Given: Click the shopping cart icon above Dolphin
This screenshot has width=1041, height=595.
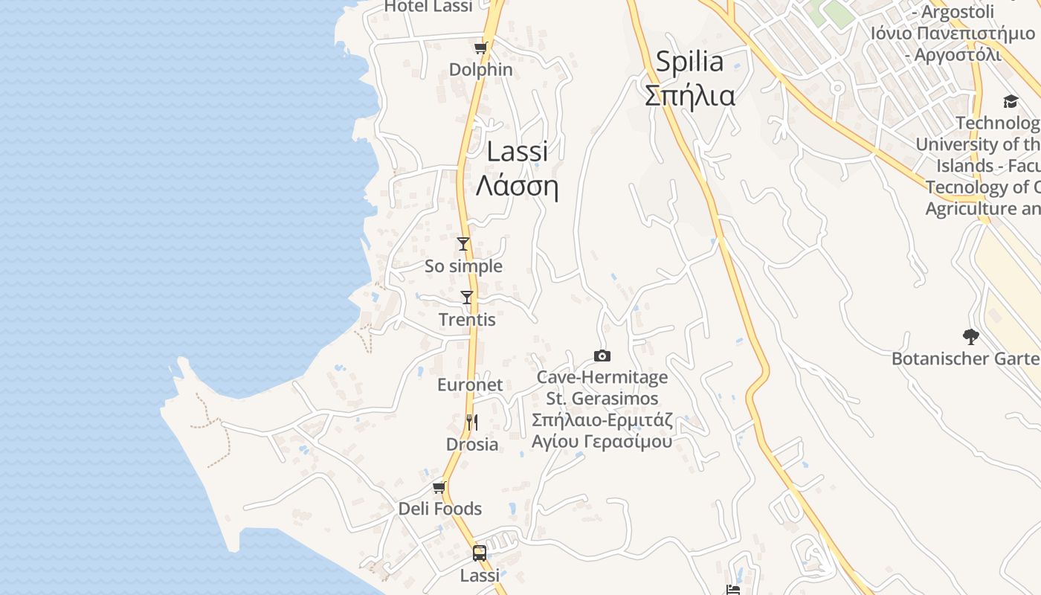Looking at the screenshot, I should [480, 48].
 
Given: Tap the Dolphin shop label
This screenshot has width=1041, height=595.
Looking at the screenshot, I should [480, 69].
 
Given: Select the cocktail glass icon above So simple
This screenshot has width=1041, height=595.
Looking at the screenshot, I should [463, 243].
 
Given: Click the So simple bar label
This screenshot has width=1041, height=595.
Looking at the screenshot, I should [463, 266].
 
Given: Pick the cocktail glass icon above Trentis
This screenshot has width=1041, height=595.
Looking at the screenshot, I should [467, 297].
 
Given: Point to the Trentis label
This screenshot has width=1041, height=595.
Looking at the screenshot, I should [467, 320].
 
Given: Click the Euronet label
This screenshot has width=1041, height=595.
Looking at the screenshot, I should [470, 385].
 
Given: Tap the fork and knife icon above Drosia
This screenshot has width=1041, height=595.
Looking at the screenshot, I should [471, 422].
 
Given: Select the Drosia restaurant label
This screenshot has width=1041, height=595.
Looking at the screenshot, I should [471, 444].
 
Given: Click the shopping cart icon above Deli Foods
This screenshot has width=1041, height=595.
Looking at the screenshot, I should [439, 487].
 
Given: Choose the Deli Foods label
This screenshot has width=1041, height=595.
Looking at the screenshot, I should [440, 509].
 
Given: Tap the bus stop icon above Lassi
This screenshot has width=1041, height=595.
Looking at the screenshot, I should [480, 553].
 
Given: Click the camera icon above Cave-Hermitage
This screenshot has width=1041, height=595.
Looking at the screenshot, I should [602, 356].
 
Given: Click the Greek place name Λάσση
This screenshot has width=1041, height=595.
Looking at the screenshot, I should [517, 186].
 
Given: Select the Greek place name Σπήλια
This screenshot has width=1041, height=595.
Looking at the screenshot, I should [689, 96].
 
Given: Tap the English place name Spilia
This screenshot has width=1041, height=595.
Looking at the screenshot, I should [689, 61].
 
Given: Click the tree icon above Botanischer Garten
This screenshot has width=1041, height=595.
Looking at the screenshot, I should [970, 336].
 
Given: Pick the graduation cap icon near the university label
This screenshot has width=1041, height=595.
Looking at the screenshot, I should [1011, 101].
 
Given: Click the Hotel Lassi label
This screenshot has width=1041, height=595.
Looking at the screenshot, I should [428, 7].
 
